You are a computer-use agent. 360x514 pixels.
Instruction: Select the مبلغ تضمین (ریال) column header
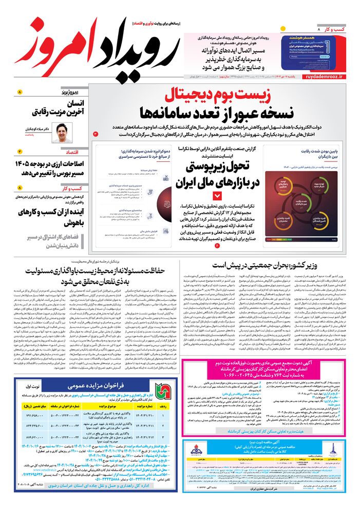(31, 405)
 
